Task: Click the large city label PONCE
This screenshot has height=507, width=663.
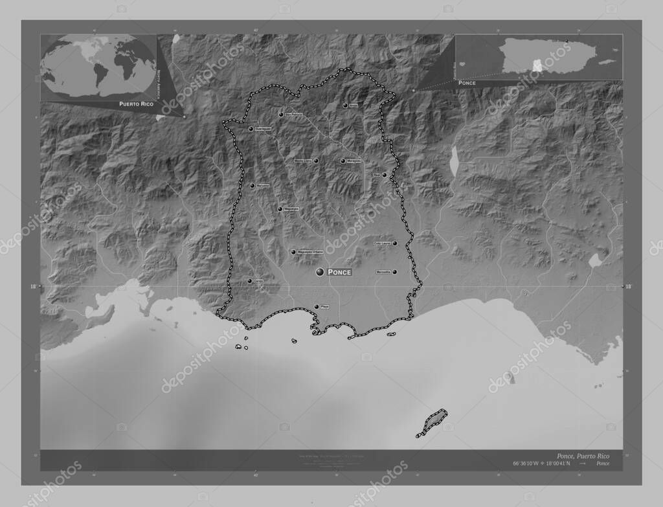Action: pyautogui.click(x=339, y=273)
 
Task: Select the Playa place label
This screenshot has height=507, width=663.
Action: pyautogui.click(x=325, y=307)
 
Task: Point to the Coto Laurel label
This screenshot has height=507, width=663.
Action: pyautogui.click(x=382, y=243)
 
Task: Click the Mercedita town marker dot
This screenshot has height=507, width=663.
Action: pyautogui.click(x=394, y=272)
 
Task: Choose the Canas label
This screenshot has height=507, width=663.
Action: pyautogui.click(x=258, y=281)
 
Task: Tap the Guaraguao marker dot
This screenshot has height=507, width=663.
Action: pyautogui.click(x=251, y=129)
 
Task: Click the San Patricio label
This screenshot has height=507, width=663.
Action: pyautogui.click(x=294, y=115)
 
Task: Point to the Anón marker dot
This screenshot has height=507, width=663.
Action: pyautogui.click(x=345, y=105)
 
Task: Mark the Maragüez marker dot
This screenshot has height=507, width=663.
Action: pyautogui.click(x=343, y=161)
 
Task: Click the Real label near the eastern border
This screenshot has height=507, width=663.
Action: pyautogui.click(x=377, y=175)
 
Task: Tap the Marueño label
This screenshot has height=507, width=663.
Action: pyautogui.click(x=262, y=186)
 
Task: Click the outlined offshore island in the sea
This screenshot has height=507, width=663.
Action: pyautogui.click(x=432, y=422)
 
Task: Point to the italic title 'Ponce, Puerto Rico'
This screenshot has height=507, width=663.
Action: pyautogui.click(x=578, y=456)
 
